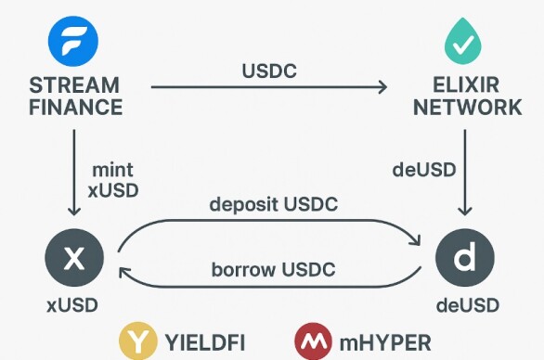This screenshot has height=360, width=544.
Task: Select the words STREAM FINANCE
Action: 75,96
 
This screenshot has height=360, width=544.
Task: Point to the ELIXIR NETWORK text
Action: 467,96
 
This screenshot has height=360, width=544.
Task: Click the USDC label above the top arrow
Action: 269,71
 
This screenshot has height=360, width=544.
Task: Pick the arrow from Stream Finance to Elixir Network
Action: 269,88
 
